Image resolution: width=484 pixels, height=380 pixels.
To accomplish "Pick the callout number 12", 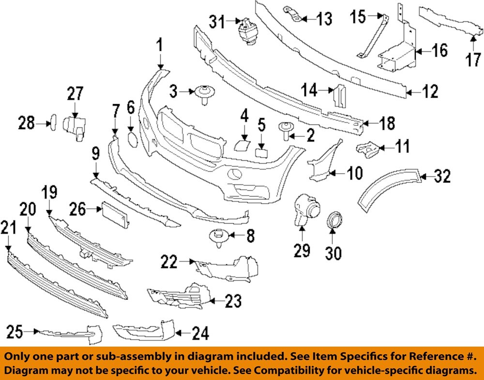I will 430,91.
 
